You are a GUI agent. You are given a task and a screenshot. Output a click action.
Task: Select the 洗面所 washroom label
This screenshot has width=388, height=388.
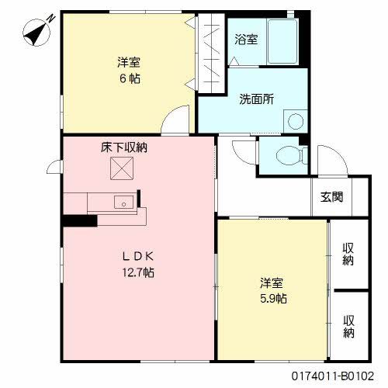click(x=256, y=99)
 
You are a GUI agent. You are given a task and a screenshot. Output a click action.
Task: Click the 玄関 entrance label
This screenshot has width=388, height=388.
click(x=332, y=196)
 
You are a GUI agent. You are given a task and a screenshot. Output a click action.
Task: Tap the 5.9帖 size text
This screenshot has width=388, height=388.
click(x=273, y=298)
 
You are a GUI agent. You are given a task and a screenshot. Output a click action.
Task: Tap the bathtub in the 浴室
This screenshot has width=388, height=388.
click(x=284, y=43)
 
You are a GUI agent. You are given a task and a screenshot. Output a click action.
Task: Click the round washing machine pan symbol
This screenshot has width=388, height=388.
click(x=294, y=122)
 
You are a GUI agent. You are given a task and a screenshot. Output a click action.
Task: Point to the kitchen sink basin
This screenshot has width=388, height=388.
click(x=123, y=203)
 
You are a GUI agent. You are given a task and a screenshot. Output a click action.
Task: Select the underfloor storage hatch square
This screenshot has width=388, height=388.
click(x=122, y=167)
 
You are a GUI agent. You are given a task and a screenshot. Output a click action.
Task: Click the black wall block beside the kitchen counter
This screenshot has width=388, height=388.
click(x=79, y=220)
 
